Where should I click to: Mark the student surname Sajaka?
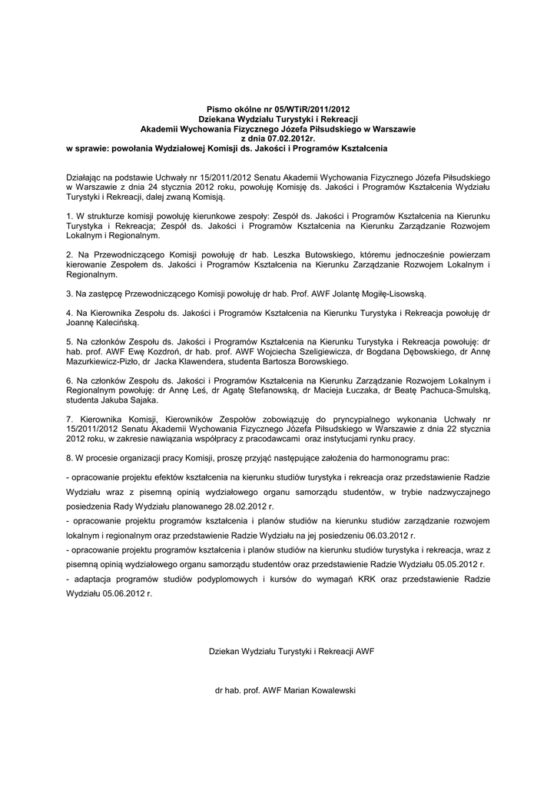pos(140,400)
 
